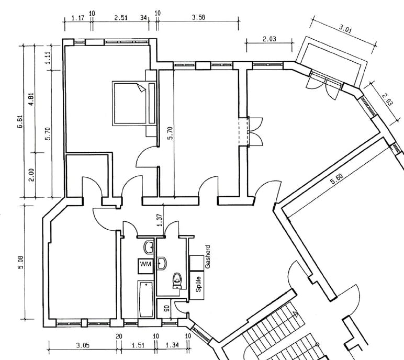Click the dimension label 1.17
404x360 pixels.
tap(77, 18)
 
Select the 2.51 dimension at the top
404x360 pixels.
tap(121, 18)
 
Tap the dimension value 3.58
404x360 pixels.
tap(198, 18)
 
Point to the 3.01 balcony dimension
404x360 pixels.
tap(345, 29)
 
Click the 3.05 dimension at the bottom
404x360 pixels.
tap(82, 345)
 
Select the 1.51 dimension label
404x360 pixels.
tap(138, 345)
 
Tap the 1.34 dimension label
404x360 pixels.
tap(172, 345)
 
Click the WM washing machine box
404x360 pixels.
tap(145, 265)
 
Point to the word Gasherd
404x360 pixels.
tap(208, 256)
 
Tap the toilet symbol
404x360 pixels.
tap(177, 280)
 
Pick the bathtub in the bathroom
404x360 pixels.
tap(145, 299)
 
